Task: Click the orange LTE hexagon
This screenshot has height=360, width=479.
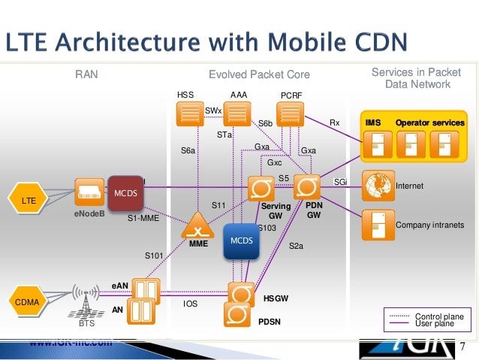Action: coord(28,200)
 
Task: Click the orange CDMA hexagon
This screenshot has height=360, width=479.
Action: coord(29,302)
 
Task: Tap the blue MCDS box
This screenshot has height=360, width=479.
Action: coord(241,241)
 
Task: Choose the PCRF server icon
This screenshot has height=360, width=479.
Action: coord(289,114)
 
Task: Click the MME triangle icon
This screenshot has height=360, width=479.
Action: coord(198,223)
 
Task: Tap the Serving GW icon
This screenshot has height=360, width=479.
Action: coord(261,187)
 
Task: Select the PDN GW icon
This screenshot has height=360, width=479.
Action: coord(306,186)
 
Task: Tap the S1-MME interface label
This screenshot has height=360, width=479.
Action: coord(142,219)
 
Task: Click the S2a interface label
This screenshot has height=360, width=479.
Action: coord(297,245)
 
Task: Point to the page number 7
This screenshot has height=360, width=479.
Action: coord(462,346)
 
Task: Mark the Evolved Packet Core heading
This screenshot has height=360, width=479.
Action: coord(259,75)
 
